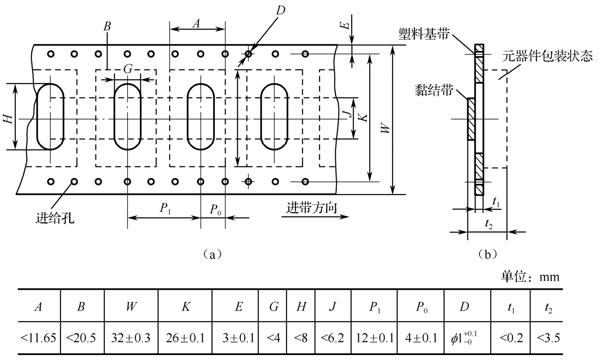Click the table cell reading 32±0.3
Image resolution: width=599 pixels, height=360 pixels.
tap(131, 338)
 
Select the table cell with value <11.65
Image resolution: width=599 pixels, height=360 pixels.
tap(39, 338)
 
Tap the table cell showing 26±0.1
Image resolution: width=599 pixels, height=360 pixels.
tap(185, 338)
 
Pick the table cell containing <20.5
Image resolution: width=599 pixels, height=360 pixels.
tap(82, 338)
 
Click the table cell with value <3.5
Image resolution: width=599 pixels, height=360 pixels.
tap(548, 338)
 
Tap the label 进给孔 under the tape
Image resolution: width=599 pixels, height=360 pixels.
tap(55, 217)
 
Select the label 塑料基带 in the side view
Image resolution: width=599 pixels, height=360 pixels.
tap(424, 34)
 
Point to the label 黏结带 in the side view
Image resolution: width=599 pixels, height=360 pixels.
tap(433, 90)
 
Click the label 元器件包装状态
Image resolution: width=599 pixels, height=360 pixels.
tap(547, 56)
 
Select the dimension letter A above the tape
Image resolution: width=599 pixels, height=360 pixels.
tap(196, 24)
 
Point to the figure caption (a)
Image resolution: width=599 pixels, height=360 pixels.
tap(213, 254)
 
